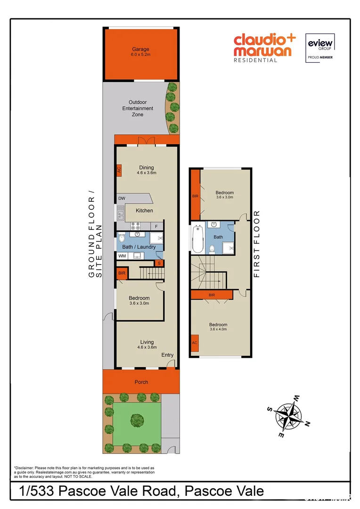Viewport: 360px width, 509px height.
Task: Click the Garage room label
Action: [x=140, y=49]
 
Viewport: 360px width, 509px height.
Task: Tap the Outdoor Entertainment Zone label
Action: [x=138, y=108]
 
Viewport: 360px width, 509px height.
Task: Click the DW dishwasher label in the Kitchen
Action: [x=122, y=198]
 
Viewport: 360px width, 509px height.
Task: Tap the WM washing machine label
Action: [x=122, y=256]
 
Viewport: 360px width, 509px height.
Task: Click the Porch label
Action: [x=141, y=382]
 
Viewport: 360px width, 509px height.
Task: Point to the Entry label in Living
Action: [x=167, y=355]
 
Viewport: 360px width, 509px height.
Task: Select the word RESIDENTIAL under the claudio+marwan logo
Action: [x=256, y=60]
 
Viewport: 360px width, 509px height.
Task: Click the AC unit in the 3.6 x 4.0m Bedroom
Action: [x=194, y=343]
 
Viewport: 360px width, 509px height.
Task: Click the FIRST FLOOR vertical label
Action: [x=257, y=244]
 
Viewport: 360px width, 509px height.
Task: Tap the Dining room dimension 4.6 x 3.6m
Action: [x=147, y=173]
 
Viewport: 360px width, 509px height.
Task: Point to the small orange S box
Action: [x=159, y=263]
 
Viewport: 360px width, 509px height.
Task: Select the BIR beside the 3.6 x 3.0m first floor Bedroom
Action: [x=195, y=196]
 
